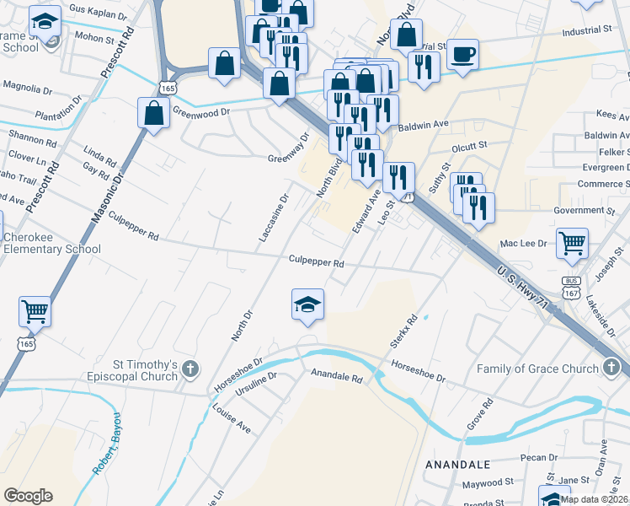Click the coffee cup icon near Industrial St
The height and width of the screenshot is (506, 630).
[462, 56]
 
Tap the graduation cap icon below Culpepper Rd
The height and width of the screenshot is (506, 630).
[308, 305]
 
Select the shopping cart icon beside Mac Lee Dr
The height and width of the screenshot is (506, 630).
[572, 243]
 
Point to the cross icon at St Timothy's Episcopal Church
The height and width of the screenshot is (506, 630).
[191, 368]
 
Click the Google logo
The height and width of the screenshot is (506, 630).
[28, 496]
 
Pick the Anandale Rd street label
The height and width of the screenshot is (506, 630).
[336, 376]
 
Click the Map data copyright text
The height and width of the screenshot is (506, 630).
[593, 499]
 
